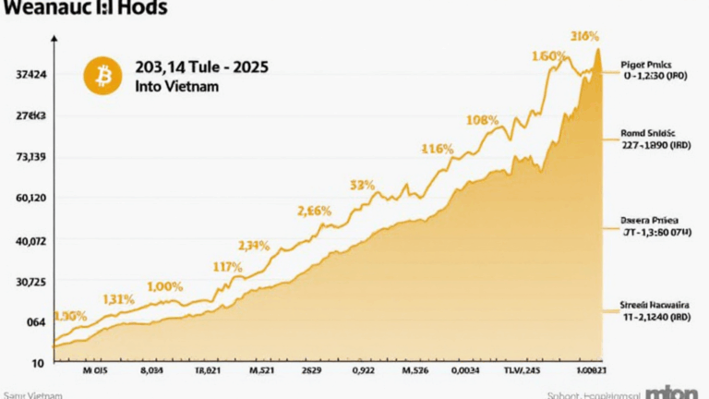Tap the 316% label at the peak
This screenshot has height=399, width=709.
[585, 37]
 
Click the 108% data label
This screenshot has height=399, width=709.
[482, 120]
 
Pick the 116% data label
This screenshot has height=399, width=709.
[437, 149]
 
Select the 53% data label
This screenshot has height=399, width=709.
[362, 185]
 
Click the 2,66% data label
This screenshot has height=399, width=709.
[314, 211]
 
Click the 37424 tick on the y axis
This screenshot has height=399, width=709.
[31, 74]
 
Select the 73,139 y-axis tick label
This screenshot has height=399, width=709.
[30, 158]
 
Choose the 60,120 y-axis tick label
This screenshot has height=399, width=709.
[30, 199]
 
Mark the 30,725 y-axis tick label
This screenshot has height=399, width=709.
[30, 281]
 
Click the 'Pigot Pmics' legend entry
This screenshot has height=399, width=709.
[650, 67]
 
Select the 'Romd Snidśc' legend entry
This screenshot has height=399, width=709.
[650, 136]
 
